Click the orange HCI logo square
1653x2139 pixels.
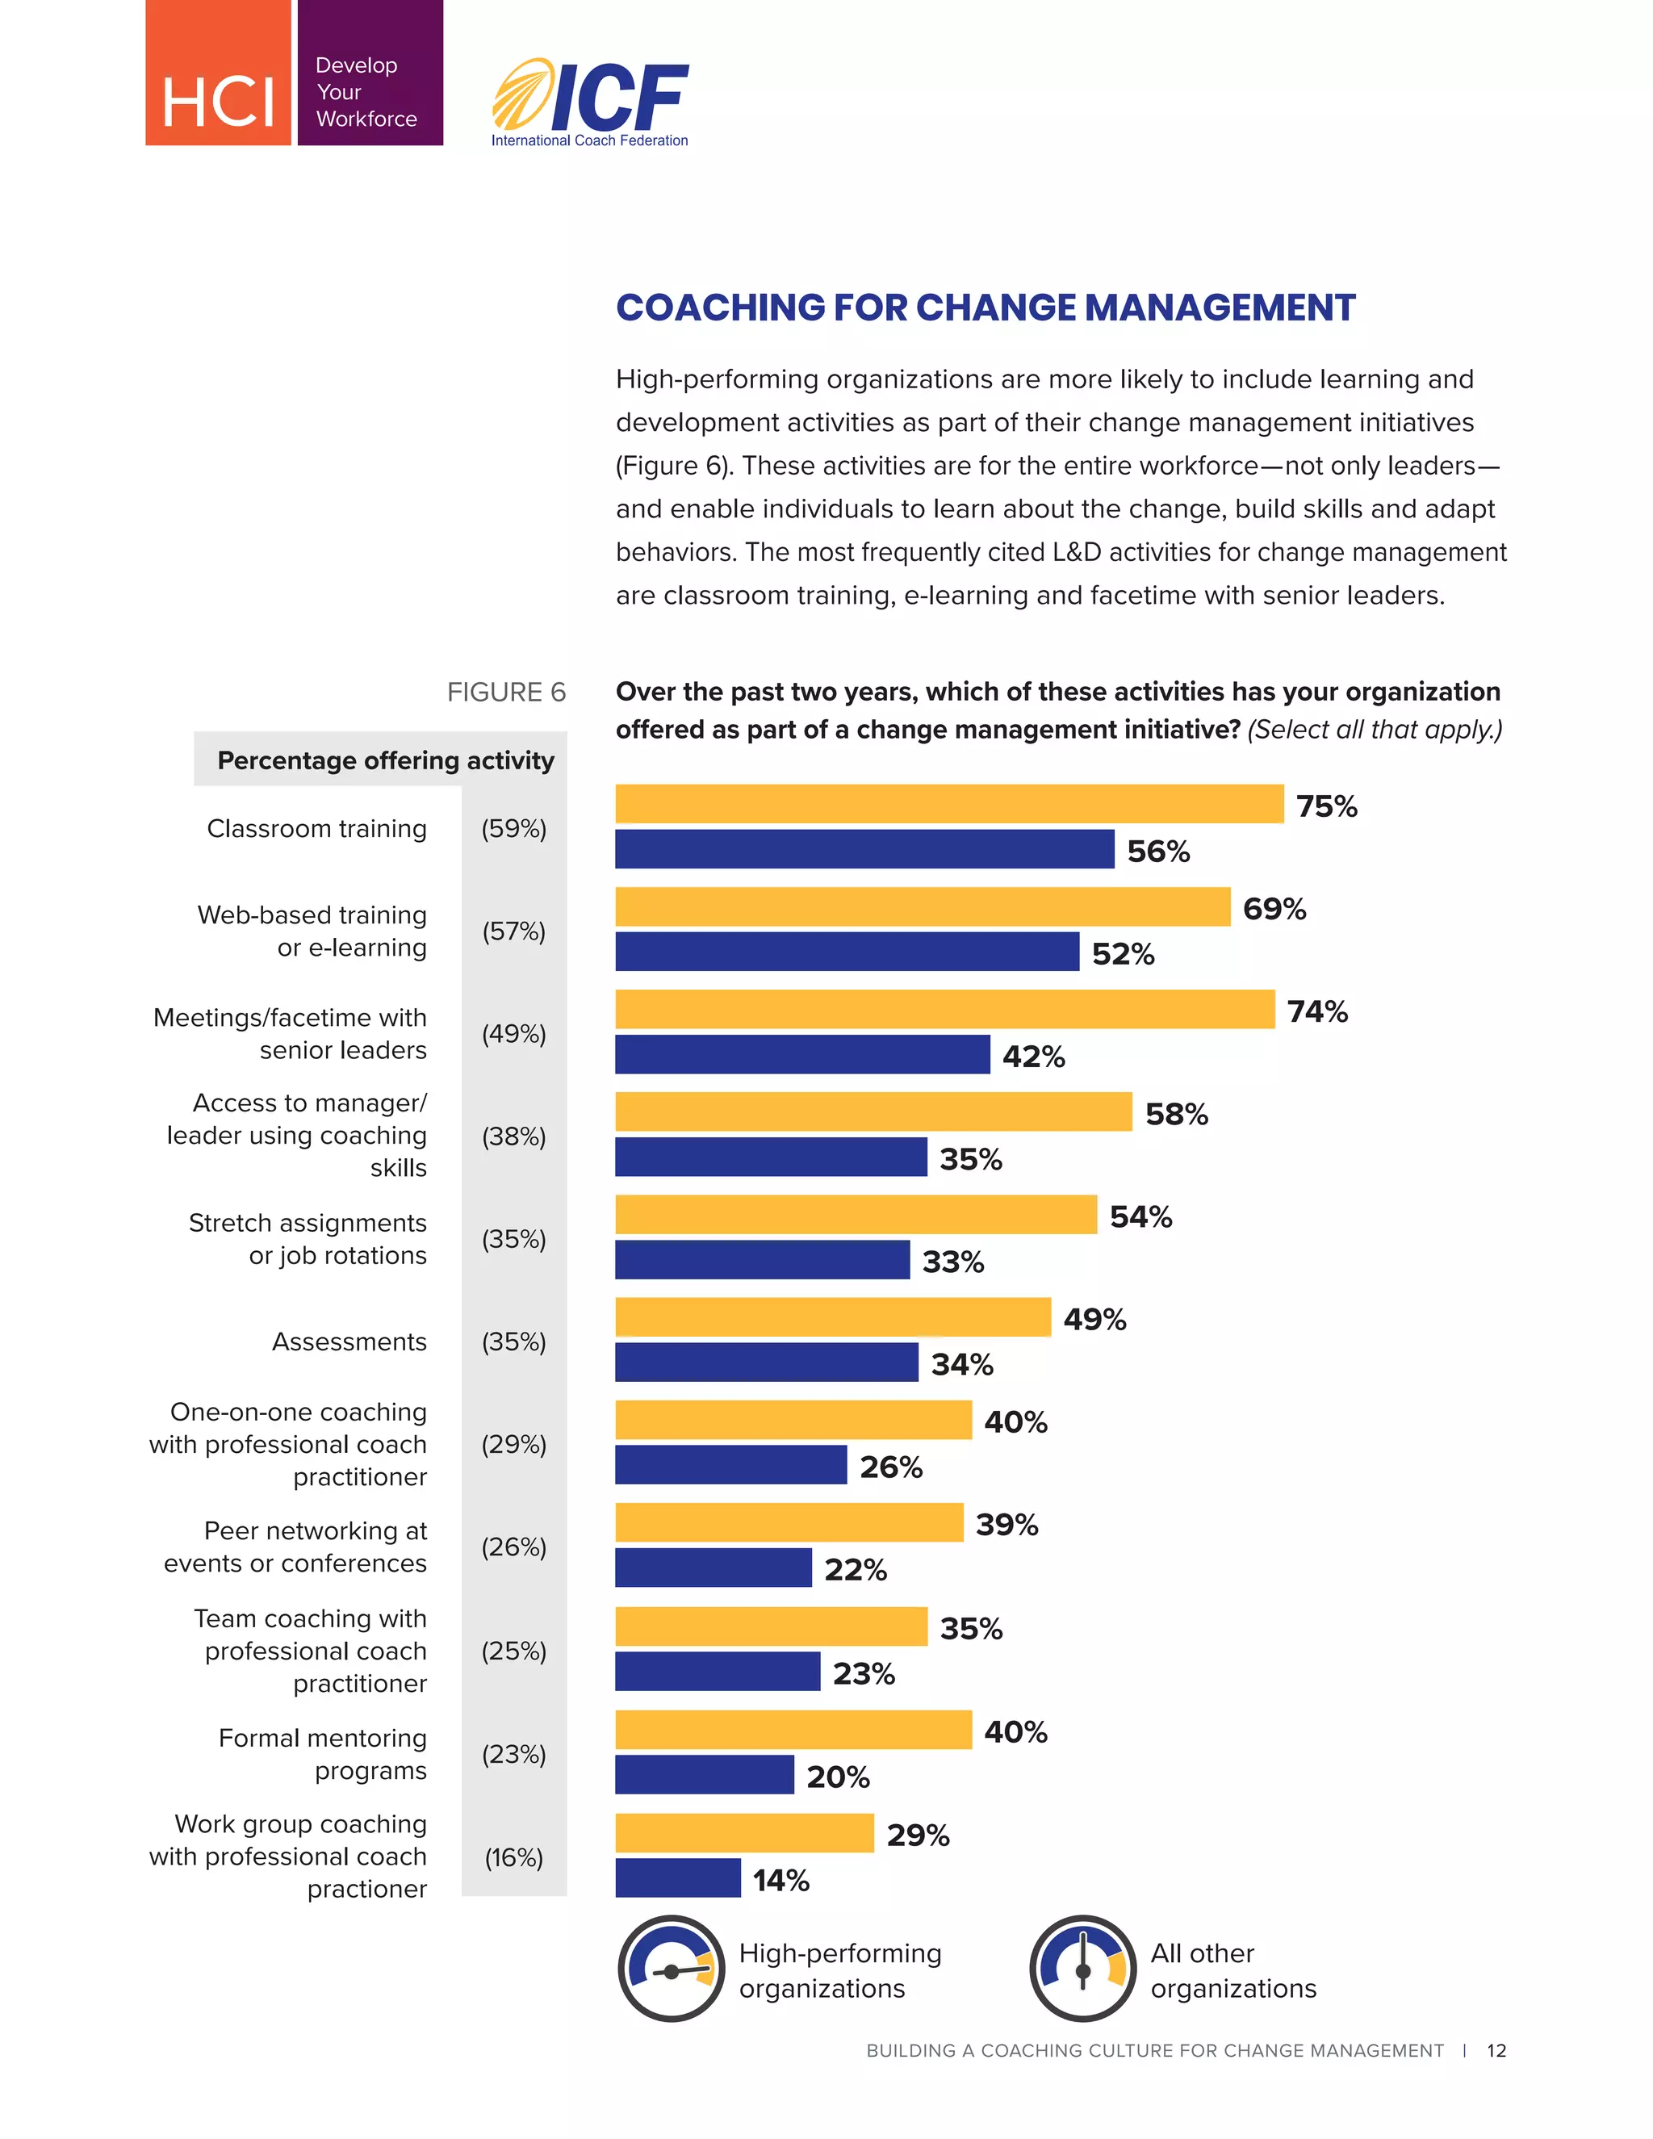point(217,73)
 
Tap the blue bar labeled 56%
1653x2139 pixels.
point(864,849)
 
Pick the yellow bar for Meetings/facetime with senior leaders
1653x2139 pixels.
point(944,1009)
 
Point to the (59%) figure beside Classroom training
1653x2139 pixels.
point(513,829)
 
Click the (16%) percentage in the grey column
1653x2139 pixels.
point(513,1857)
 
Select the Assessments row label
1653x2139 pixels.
point(349,1342)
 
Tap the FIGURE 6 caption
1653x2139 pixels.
point(505,693)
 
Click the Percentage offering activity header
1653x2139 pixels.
point(385,760)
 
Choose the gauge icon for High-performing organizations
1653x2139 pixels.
point(671,1969)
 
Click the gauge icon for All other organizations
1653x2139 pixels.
point(1082,1969)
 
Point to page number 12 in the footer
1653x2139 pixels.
point(1496,2050)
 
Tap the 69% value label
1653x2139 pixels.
point(1274,909)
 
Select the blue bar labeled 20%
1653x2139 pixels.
point(704,1775)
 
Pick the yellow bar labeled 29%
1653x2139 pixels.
point(744,1832)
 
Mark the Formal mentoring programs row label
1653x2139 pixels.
point(322,1754)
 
